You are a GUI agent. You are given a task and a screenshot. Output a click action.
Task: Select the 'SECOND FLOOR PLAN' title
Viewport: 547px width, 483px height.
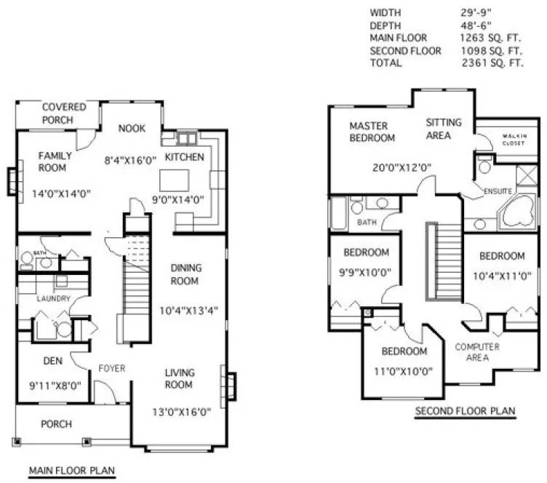coord(465,412)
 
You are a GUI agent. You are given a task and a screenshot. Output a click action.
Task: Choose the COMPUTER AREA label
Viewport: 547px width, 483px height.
coord(476,352)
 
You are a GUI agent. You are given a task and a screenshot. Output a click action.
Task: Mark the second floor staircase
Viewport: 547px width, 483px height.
coord(442,260)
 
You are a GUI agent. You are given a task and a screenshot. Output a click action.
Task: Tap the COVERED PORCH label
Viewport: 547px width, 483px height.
coord(63,113)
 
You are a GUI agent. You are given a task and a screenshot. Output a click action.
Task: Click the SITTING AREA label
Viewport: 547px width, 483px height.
coord(443,129)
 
